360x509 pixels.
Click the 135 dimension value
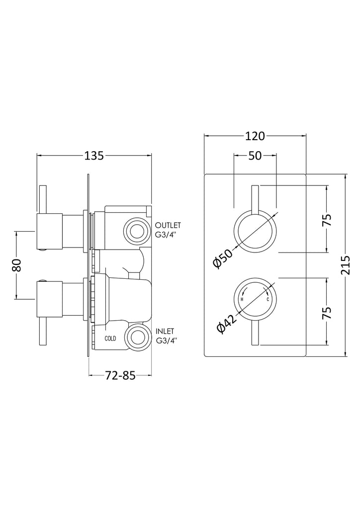(x=94, y=156)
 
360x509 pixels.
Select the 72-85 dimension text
(x=119, y=376)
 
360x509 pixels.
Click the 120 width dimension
(x=255, y=136)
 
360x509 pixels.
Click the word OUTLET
(x=168, y=224)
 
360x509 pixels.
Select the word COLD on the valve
(x=111, y=339)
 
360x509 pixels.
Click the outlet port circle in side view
(x=136, y=230)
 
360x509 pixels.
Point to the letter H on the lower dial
(x=242, y=300)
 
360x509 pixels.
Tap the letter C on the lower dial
(x=268, y=300)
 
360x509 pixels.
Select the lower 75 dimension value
(x=327, y=313)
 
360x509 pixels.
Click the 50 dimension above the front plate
(x=255, y=156)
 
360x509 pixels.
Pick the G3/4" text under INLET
(x=166, y=340)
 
